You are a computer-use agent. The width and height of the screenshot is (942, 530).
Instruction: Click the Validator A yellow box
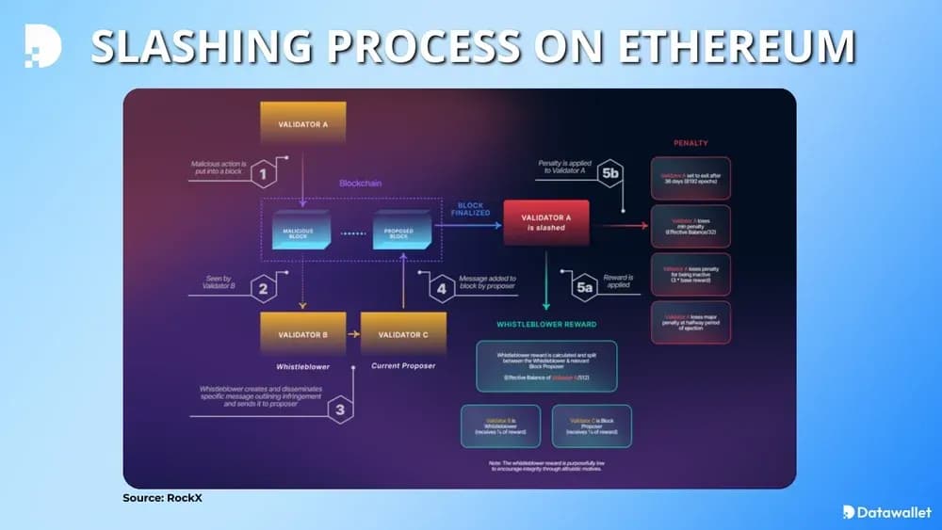pyautogui.click(x=302, y=124)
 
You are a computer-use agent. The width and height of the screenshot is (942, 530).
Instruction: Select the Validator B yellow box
pyautogui.click(x=302, y=334)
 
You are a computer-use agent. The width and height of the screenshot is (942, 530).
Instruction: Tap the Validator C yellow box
pyautogui.click(x=404, y=334)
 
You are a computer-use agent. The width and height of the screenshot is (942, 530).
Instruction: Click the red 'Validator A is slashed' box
pyautogui.click(x=545, y=223)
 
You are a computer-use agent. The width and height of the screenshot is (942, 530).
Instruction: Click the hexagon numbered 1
pyautogui.click(x=264, y=173)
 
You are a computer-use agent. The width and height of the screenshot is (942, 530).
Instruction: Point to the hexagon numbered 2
pyautogui.click(x=264, y=287)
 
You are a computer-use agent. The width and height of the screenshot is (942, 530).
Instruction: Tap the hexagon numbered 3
pyautogui.click(x=340, y=410)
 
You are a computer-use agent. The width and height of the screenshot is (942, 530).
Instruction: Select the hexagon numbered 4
pyautogui.click(x=441, y=287)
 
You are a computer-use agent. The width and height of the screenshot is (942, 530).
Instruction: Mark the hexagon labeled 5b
pyautogui.click(x=609, y=173)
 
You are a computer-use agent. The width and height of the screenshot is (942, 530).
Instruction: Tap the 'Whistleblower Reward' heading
pyautogui.click(x=546, y=325)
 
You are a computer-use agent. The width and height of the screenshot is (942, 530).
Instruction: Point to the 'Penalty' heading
pyautogui.click(x=690, y=143)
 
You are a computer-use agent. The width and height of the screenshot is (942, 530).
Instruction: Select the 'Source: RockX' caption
pyautogui.click(x=162, y=498)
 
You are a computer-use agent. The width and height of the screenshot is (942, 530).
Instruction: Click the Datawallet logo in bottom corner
pyautogui.click(x=886, y=512)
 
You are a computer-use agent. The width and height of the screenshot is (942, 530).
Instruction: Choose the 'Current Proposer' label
pyautogui.click(x=404, y=365)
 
